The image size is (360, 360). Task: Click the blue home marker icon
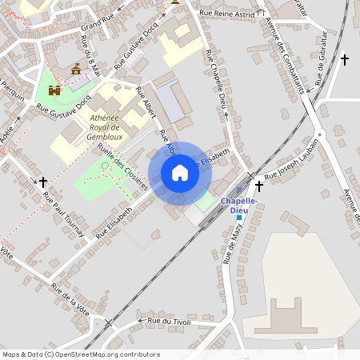tap(180, 173)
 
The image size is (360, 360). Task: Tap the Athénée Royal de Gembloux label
tap(104, 127)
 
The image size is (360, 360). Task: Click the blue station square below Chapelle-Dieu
tap(238, 218)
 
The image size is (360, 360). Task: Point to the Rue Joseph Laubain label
tap(291, 158)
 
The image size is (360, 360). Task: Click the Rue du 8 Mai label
tap(90, 53)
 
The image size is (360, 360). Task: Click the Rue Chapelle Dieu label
tap(218, 78)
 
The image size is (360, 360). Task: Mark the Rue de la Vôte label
tap(69, 298)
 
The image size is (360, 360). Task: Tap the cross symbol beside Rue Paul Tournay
tap(43, 182)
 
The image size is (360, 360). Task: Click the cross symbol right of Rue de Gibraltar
tap(345, 59)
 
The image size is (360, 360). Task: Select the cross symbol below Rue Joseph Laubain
tap(258, 186)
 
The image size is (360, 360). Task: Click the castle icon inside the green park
tap(55, 90)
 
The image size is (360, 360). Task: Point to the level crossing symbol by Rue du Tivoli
tap(107, 323)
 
